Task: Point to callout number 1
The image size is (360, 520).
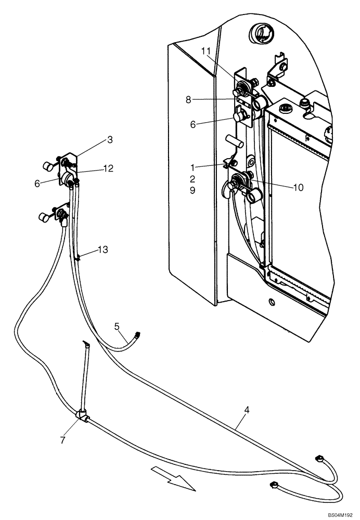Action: point(192,167)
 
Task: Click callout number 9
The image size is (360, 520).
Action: point(192,191)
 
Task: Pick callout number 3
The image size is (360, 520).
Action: point(110,139)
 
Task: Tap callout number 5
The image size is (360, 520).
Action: point(117,327)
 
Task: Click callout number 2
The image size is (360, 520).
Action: point(192,179)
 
